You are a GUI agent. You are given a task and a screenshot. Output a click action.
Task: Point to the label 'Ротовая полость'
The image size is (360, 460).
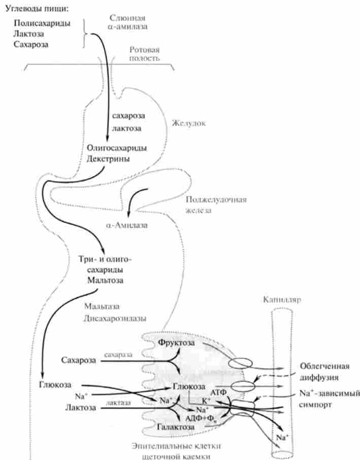[145, 54]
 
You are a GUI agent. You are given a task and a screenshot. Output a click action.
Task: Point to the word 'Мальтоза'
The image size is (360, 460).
[104, 280]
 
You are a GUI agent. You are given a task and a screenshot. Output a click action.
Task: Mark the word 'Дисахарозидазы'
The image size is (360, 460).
[116, 319]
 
